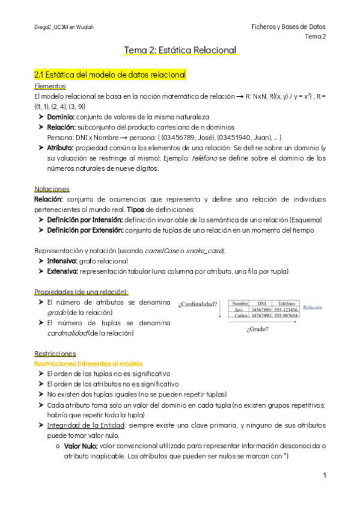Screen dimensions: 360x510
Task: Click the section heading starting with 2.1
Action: click(x=110, y=75)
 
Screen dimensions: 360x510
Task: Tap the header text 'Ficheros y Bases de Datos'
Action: click(x=288, y=27)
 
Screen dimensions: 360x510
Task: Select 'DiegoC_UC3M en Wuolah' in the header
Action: click(x=64, y=28)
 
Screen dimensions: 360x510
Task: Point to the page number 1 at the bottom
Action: click(x=324, y=475)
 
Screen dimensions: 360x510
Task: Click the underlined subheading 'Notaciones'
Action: click(x=52, y=189)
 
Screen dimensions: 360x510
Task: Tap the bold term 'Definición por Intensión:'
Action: click(x=85, y=220)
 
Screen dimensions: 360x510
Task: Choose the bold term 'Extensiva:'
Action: click(x=63, y=271)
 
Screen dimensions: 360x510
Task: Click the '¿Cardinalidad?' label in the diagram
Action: click(x=197, y=304)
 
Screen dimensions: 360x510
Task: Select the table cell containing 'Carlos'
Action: click(x=242, y=315)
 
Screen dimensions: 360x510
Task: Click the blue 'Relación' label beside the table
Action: click(x=313, y=307)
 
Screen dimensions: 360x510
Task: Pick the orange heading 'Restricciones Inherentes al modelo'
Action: click(x=88, y=364)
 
